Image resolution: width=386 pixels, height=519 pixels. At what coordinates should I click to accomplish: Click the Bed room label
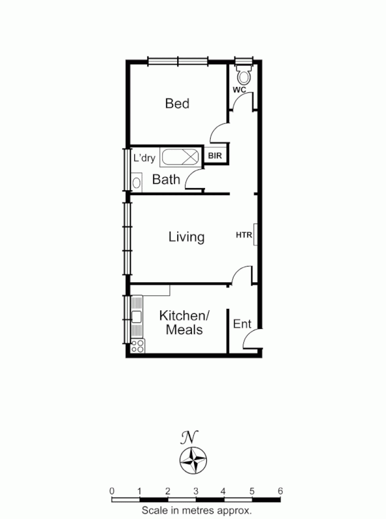click(177, 104)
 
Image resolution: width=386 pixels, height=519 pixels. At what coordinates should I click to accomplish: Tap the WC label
click(239, 90)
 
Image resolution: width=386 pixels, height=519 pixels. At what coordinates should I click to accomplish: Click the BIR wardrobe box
click(215, 156)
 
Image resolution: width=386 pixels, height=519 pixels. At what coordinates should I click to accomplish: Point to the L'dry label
click(145, 158)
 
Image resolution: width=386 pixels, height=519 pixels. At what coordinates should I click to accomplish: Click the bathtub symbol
click(182, 158)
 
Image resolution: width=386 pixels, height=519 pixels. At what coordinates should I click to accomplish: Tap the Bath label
click(166, 180)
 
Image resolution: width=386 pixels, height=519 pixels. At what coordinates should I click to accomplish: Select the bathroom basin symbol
click(136, 182)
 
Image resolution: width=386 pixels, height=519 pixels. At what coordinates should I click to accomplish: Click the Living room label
click(186, 237)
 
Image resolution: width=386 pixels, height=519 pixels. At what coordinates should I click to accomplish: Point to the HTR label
click(243, 235)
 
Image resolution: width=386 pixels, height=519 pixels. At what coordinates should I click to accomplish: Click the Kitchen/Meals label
click(184, 322)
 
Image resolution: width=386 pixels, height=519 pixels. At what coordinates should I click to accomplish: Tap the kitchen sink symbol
click(137, 317)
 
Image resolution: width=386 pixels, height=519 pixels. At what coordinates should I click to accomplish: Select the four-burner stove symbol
click(138, 345)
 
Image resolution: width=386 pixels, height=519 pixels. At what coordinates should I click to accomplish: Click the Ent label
click(242, 324)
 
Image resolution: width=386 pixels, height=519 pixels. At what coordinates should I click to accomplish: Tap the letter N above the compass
click(189, 436)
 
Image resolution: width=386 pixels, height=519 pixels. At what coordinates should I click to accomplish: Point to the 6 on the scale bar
click(280, 490)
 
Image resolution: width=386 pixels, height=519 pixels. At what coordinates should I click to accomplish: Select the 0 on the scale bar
click(112, 490)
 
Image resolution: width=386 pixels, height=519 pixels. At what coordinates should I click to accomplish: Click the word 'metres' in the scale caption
click(196, 511)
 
